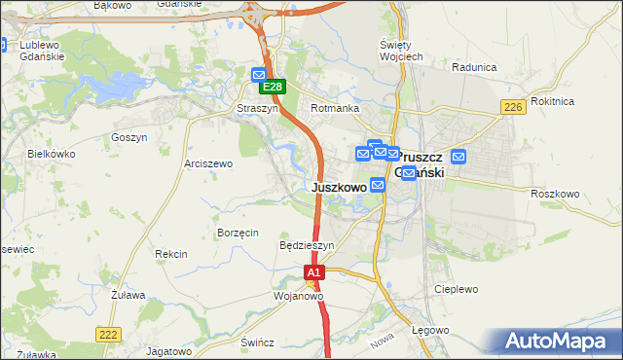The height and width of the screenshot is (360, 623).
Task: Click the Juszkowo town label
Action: click(339, 186)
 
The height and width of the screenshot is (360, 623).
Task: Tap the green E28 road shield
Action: click(275, 88)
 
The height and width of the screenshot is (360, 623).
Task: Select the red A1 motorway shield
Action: click(313, 274)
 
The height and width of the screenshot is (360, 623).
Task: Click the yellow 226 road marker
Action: click(514, 107)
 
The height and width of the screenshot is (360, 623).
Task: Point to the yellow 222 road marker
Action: click(108, 334)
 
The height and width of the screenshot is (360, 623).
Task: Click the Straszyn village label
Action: click(258, 109)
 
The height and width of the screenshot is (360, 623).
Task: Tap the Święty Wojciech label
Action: click(400, 51)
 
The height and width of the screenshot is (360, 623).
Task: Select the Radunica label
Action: click(475, 68)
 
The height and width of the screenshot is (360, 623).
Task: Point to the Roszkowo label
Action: click(556, 194)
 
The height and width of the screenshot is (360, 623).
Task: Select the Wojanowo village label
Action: click(298, 296)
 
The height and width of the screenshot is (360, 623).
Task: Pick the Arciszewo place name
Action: click(208, 164)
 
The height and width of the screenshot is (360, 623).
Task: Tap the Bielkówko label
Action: click(52, 154)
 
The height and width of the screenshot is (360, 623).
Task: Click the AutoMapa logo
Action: click(558, 341)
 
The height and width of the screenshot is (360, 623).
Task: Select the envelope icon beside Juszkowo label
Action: click(377, 185)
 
